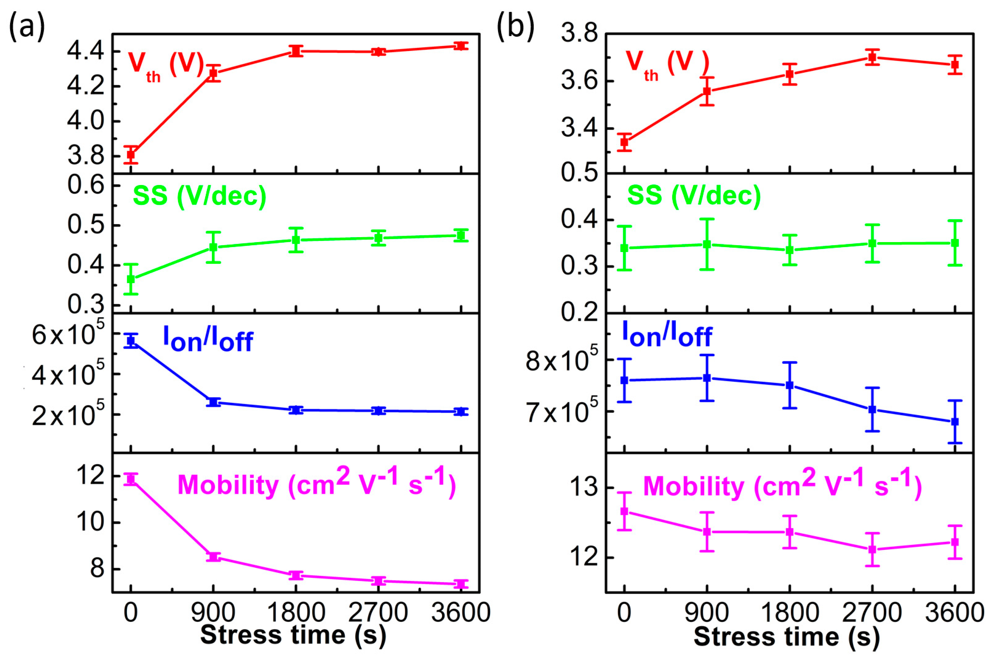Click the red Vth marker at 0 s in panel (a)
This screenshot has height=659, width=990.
pos(131,154)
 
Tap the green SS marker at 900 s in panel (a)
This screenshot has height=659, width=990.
pos(213,247)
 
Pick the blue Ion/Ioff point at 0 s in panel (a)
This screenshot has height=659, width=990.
pos(131,340)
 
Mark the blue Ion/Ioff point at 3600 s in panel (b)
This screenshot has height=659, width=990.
pos(955,422)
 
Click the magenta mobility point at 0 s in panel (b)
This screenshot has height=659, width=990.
pos(625,511)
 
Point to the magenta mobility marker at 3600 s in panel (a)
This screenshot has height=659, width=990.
pos(461,584)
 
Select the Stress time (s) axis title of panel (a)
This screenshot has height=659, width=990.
pos(293,635)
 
